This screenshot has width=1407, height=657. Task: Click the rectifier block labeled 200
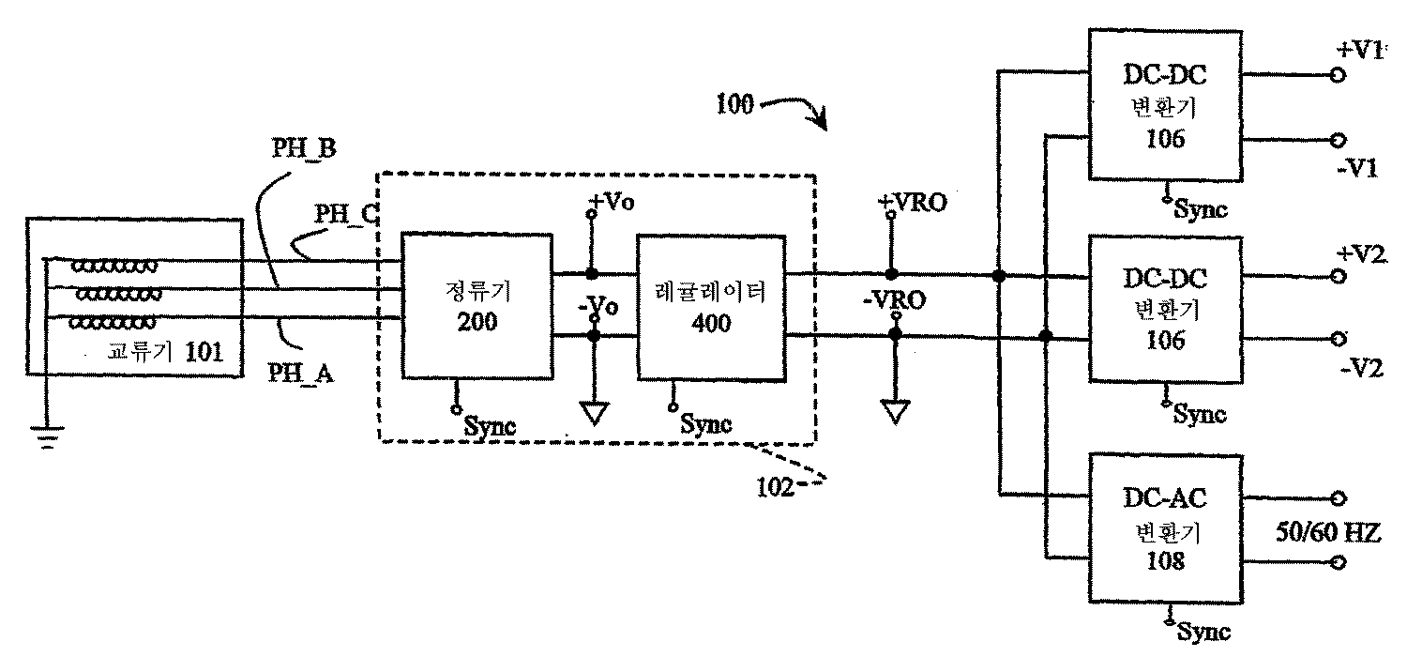click(x=477, y=306)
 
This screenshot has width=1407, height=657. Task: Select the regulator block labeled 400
click(x=710, y=306)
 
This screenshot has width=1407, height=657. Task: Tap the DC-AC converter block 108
click(x=1164, y=530)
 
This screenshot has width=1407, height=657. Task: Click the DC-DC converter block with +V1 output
click(x=1164, y=105)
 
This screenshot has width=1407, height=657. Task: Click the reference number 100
click(x=735, y=104)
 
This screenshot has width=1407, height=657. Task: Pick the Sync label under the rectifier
click(x=490, y=424)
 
